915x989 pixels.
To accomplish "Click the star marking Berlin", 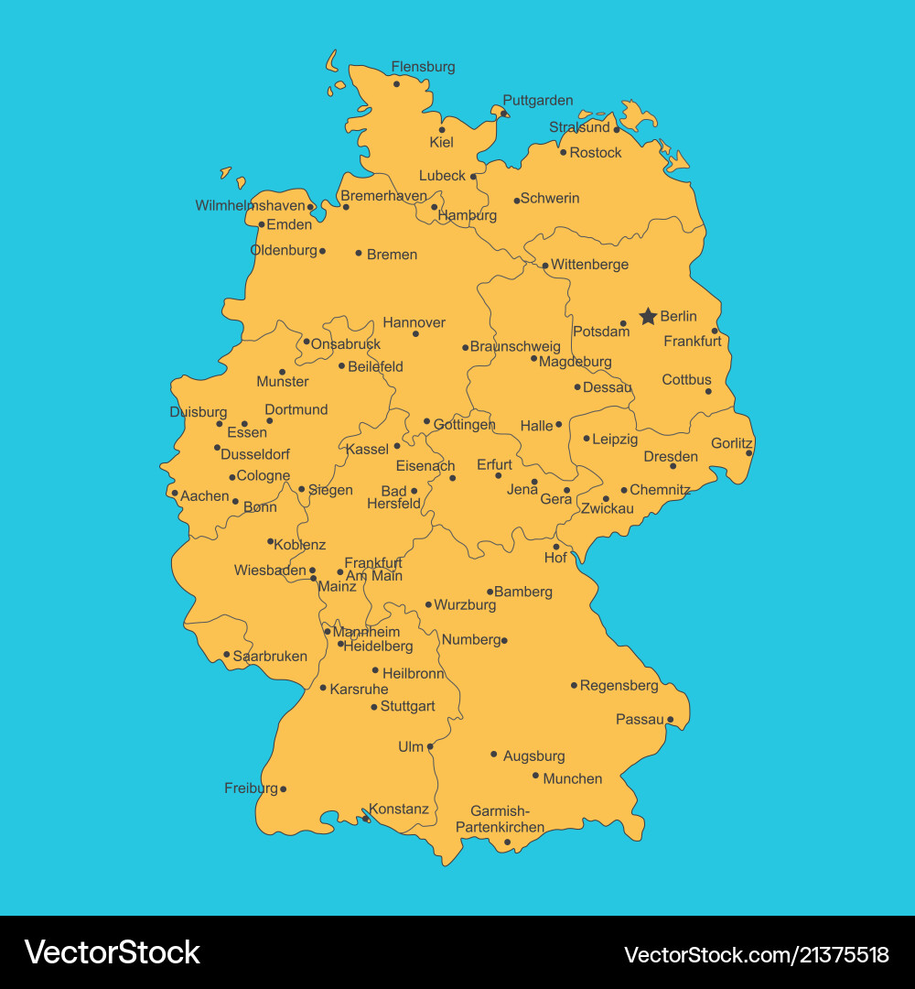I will pos(648,316).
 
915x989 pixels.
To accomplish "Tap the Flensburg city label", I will pos(423,67).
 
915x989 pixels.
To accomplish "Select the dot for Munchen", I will pos(536,776).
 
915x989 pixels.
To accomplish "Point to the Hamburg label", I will pos(468,216).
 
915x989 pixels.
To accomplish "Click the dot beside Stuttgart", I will pos(374,707).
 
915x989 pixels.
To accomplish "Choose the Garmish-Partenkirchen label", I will pos(500,819).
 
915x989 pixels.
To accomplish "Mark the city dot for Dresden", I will pos(673,466).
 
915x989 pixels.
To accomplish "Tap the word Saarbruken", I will pos(270,657).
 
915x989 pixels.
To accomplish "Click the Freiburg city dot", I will pos(283,788).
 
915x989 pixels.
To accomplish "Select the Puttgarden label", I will pos(538,101).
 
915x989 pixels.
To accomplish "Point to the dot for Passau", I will pos(670,720).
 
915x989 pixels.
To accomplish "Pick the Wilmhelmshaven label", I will pos(250,206).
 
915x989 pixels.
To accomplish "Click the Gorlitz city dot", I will pos(748,452).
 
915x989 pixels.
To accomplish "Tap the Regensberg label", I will pos(619,685).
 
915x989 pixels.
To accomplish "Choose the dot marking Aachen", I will pos(175,493).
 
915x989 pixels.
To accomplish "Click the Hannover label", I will pos(414,322).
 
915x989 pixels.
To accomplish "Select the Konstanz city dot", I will pos(366,819).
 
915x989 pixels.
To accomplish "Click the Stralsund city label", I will pos(579,127).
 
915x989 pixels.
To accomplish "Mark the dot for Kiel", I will pos(442,129).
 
